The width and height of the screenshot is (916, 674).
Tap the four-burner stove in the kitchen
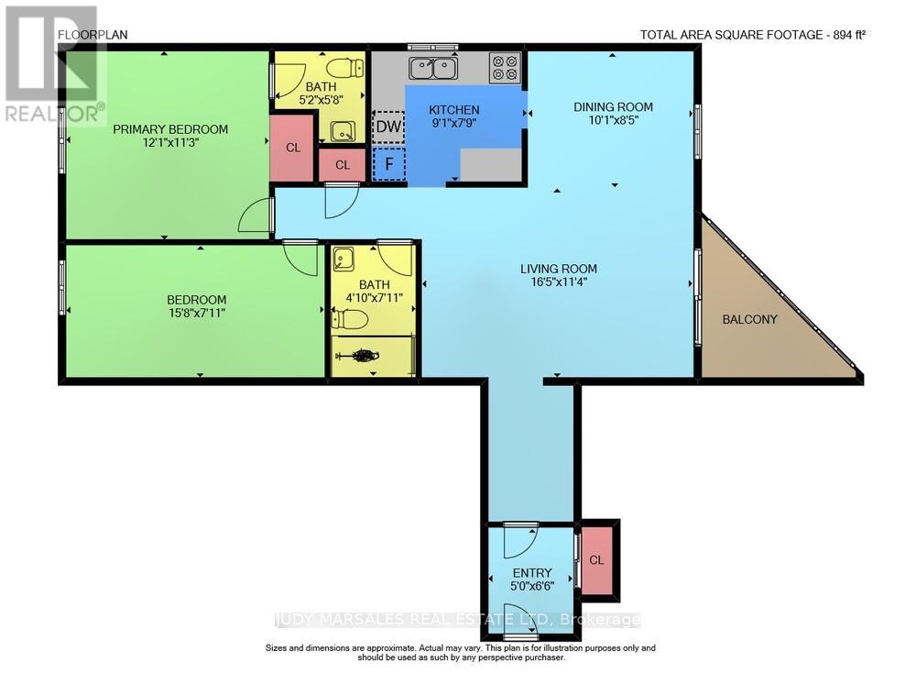(505, 67)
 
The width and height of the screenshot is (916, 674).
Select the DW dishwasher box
(388, 127)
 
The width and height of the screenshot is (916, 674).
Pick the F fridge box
(388, 164)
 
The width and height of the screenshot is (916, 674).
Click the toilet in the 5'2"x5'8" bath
(344, 68)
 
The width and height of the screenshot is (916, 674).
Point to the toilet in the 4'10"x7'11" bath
(349, 320)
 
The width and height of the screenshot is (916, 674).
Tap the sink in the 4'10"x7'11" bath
(343, 260)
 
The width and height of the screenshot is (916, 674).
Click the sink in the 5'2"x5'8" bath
(343, 131)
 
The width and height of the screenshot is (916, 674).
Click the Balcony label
(749, 319)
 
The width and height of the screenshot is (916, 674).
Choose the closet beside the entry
(596, 560)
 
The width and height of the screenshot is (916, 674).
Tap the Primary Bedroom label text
(170, 129)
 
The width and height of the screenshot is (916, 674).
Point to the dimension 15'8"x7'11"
(196, 313)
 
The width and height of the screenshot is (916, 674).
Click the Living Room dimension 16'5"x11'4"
(559, 282)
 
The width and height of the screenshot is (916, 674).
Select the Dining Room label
(613, 107)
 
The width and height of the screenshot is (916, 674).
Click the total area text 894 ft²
(849, 35)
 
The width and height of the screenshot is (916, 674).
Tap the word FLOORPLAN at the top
(93, 35)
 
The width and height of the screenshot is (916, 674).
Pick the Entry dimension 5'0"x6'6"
(532, 586)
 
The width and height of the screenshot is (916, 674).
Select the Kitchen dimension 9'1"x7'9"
(454, 123)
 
